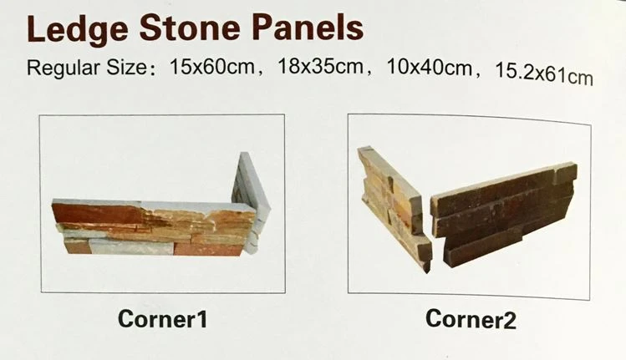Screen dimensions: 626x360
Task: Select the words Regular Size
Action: click(x=87, y=68)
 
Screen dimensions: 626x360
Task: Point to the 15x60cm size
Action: click(x=212, y=66)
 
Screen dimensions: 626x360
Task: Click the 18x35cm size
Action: click(x=320, y=66)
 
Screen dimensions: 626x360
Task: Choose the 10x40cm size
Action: click(x=430, y=68)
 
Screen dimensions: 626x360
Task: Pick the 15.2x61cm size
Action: click(x=544, y=74)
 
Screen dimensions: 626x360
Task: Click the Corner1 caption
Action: click(x=163, y=319)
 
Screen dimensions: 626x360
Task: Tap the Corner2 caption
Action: click(x=471, y=319)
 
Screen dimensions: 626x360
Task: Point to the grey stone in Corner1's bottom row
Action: click(x=131, y=247)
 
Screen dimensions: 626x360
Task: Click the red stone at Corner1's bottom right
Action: click(x=208, y=249)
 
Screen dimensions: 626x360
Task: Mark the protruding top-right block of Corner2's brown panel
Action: click(x=565, y=174)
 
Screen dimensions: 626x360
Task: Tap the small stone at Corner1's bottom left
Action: click(x=76, y=246)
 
